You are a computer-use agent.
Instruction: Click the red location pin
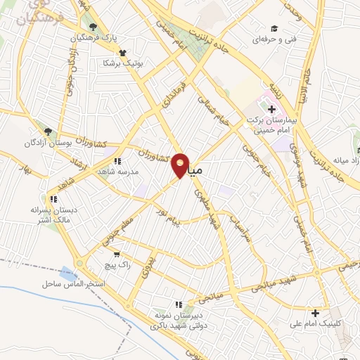click(181, 165)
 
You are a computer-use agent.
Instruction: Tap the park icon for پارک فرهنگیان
click(93, 27)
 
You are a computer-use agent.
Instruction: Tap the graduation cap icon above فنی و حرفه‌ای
click(274, 28)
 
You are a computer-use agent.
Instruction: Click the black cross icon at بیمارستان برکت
click(271, 109)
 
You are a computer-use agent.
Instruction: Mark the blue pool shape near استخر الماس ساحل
click(69, 273)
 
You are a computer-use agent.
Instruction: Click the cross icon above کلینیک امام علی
click(316, 313)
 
